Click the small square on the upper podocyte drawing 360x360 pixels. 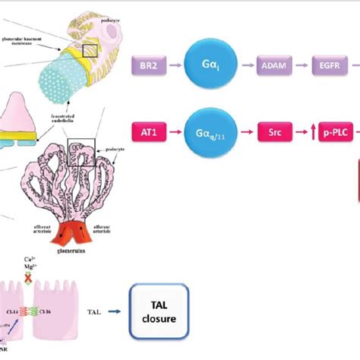[x=90, y=50]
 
